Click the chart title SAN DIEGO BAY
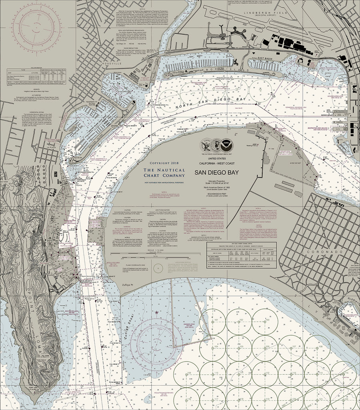(216, 173)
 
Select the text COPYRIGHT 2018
(164, 164)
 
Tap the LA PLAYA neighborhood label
(52, 147)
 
